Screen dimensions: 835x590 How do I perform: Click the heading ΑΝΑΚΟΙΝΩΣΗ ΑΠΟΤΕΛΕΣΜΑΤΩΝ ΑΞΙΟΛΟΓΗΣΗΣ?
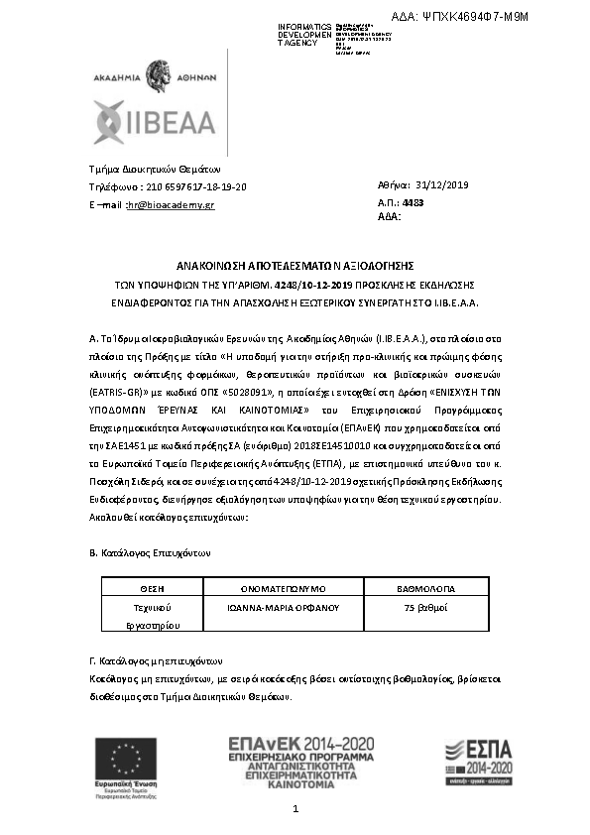295,267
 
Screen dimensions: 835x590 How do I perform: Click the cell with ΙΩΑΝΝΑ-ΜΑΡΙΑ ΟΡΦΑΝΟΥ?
290,605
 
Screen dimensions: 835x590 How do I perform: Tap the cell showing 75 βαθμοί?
428,605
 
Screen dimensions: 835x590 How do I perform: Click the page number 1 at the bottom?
295,811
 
